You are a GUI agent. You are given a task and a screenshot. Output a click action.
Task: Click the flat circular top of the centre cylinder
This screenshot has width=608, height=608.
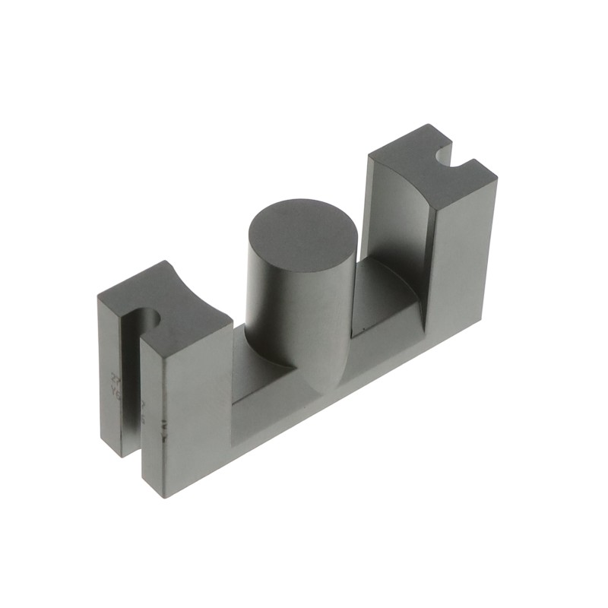[302, 236]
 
